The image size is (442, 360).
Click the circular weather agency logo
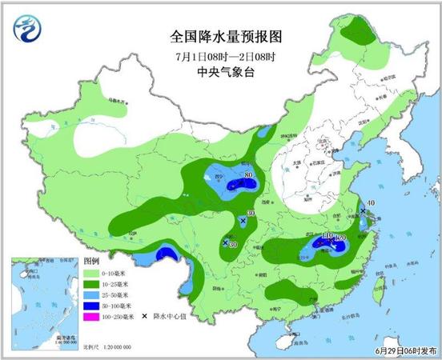pyautogui.click(x=29, y=30)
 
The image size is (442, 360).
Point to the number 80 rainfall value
pyautogui.click(x=249, y=175)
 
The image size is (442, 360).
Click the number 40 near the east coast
pyautogui.click(x=371, y=203)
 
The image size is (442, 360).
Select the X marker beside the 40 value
pyautogui.click(x=363, y=211)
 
